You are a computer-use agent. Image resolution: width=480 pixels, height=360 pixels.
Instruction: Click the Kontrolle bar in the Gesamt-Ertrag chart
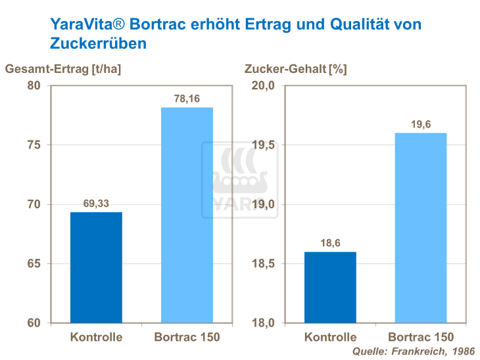tap(96, 267)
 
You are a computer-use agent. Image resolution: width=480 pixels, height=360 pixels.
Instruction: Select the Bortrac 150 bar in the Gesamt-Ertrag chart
tap(187, 215)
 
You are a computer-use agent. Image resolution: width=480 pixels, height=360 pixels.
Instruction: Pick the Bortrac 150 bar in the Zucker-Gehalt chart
tap(421, 228)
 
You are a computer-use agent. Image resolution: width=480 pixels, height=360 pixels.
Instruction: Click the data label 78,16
tap(187, 98)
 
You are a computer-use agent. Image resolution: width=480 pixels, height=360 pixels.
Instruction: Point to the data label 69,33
tap(96, 203)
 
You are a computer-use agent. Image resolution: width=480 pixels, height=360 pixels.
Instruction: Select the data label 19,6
tap(421, 124)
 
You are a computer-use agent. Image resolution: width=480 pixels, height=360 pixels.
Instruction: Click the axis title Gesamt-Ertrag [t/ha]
tap(63, 68)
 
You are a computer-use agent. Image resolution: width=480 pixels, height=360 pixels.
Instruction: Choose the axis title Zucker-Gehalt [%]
tap(295, 68)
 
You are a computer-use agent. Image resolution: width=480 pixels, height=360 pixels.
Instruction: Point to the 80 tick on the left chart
tap(34, 86)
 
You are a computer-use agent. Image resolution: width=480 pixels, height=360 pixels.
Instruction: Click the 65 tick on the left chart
tap(34, 264)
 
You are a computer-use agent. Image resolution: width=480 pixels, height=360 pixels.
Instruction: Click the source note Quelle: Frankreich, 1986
tap(413, 351)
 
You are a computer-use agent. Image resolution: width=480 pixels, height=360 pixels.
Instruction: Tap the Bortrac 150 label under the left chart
tap(187, 338)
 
